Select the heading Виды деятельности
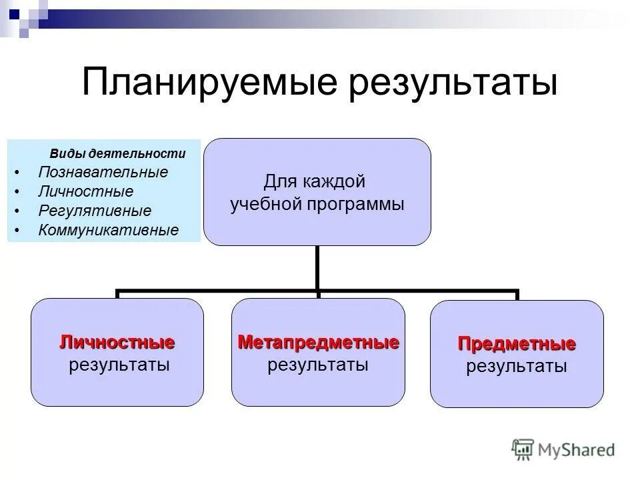[117, 153]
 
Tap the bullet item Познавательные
[103, 172]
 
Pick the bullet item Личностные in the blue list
[85, 191]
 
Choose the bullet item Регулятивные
[95, 211]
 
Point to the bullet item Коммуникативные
[109, 231]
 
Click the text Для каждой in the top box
[315, 181]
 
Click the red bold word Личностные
[117, 343]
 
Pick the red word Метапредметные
[318, 343]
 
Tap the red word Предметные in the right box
[517, 345]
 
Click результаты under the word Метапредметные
[318, 365]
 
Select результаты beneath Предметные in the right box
[517, 366]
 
